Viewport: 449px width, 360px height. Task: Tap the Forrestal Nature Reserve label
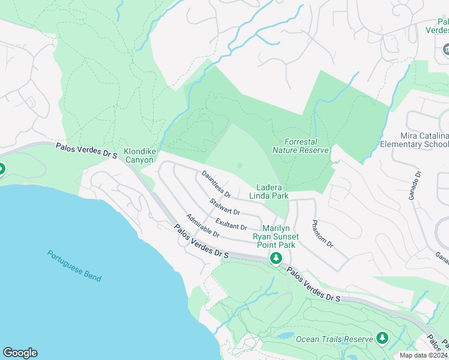tap(309, 146)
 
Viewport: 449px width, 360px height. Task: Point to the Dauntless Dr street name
tap(216, 184)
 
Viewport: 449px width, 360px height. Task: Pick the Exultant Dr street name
tap(231, 223)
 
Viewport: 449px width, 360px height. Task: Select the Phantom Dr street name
tap(322, 235)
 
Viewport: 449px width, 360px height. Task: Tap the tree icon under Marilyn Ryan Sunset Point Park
tap(276, 259)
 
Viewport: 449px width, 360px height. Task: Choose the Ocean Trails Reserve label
tap(334, 339)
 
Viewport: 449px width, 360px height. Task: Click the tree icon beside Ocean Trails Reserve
tap(382, 338)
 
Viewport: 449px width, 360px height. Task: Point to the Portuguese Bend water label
tap(74, 265)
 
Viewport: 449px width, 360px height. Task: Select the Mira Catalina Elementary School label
tap(414, 140)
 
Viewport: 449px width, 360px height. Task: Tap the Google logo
tap(20, 352)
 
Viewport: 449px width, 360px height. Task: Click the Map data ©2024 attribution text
tap(423, 355)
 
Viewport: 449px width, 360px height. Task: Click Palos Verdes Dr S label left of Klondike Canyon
tap(87, 150)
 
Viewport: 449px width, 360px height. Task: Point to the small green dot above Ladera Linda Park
tap(240, 166)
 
